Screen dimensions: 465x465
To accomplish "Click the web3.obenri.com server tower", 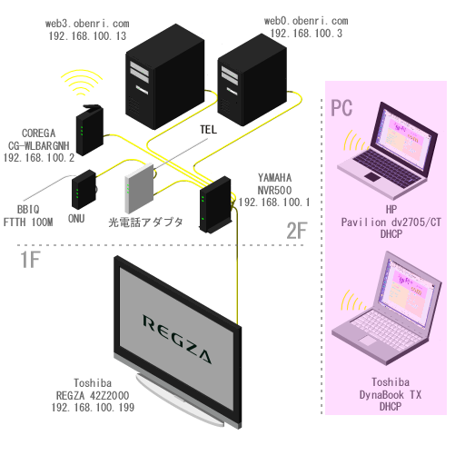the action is click(165, 77).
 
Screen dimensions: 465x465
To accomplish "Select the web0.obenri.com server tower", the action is click(252, 80).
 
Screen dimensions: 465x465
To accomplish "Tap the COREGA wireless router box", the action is click(89, 130).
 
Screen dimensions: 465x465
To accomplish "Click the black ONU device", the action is click(84, 190).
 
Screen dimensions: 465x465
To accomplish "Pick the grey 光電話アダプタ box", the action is click(140, 188).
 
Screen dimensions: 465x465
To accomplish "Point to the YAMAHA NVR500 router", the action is click(215, 205).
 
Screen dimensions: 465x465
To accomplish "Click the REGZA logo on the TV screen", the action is click(177, 339).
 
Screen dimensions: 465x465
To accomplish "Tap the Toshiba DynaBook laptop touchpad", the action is click(368, 341).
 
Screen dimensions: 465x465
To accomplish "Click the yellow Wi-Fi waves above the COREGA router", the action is click(81, 83).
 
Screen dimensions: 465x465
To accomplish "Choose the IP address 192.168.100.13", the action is click(87, 36).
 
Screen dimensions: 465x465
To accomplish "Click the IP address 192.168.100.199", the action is click(93, 407).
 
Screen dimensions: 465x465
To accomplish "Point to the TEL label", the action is click(208, 130).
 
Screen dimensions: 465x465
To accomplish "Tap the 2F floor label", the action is click(297, 231).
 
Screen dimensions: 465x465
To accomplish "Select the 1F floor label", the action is click(30, 260).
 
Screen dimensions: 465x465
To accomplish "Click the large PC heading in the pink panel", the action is click(341, 108).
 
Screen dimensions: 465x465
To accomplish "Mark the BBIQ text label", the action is click(28, 210).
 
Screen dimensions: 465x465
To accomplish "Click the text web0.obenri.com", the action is click(306, 21).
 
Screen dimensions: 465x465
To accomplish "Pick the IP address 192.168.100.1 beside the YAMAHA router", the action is click(274, 203).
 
